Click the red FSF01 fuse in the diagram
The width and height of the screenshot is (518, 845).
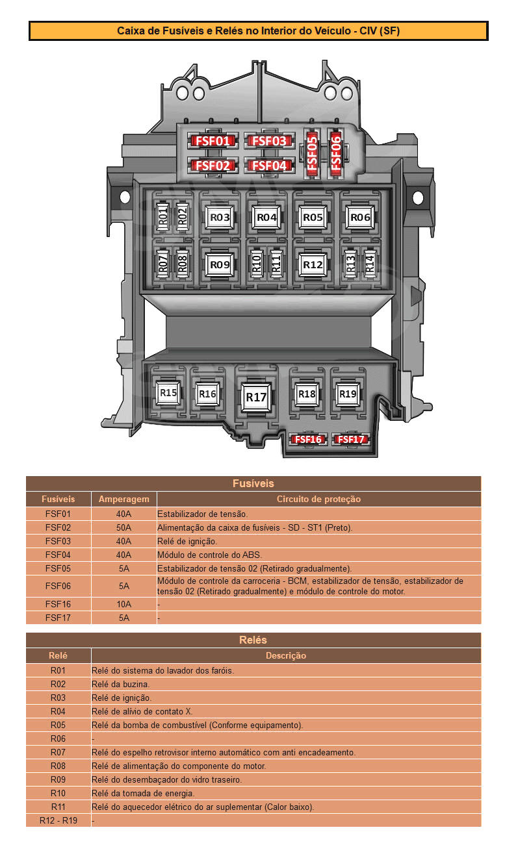pos(213,141)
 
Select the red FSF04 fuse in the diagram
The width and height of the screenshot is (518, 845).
pos(268,165)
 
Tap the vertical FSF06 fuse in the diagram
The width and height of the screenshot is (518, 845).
pos(335,153)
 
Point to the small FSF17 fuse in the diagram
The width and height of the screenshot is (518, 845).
pos(350,440)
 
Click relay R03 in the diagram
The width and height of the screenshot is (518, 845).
pos(220,218)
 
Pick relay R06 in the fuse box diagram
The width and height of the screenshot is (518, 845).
pos(359,218)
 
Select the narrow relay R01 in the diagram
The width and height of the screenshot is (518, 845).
pos(163,217)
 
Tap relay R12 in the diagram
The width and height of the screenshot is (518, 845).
pos(313,264)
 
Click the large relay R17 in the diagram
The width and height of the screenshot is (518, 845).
pos(256,397)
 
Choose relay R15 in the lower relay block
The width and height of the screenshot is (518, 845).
pos(168,393)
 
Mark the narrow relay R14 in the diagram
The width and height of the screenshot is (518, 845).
pos(369,264)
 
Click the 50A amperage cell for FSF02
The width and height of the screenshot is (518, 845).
pos(123,527)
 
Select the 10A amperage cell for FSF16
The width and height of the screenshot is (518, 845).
pos(123,604)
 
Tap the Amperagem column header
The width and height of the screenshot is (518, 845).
pos(123,499)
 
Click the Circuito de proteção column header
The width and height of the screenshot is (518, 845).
pos(318,499)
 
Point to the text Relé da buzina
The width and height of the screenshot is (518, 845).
pos(121,684)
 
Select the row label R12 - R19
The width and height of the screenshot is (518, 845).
pos(58,820)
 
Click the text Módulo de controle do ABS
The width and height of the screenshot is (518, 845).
pos(209,555)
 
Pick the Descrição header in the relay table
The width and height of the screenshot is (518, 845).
pos(286,655)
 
